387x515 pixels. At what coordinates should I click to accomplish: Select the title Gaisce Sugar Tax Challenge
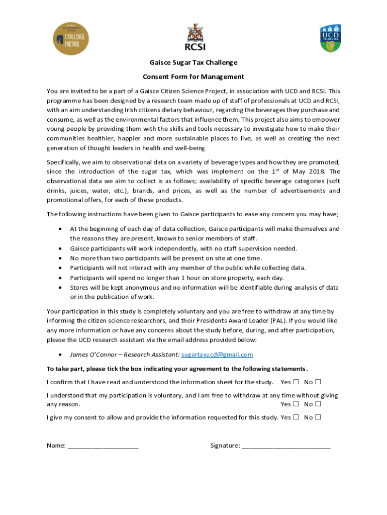tap(193, 62)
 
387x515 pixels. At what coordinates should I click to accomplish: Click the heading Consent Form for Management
tap(193, 77)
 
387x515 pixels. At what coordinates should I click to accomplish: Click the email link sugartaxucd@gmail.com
tap(217, 355)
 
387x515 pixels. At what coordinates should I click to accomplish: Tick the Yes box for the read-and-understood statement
tap(297, 382)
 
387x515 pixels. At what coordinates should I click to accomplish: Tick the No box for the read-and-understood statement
tap(319, 382)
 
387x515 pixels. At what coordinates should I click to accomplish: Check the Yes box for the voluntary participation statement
tap(297, 404)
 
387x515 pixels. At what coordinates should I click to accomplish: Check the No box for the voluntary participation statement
tap(319, 404)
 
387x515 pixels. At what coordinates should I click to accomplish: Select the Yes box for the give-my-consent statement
tap(297, 417)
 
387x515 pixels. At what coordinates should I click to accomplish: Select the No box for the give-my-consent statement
tap(319, 417)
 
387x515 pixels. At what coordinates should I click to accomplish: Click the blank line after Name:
tap(103, 446)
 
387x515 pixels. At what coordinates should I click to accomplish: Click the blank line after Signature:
tap(286, 446)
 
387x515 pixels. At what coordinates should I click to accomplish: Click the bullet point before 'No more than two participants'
tap(60, 258)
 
